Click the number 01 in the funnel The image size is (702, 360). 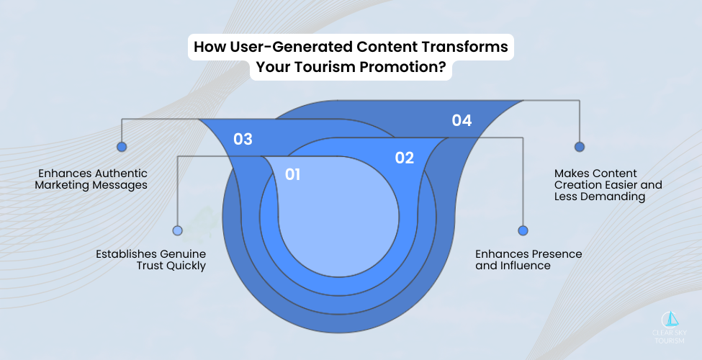pos(292,174)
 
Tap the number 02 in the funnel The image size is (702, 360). pos(405,158)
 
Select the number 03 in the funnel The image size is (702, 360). pos(243,139)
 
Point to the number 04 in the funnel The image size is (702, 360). pos(462,120)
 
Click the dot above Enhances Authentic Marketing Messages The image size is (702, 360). pos(122,146)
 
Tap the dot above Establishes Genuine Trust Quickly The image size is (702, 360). pos(177,230)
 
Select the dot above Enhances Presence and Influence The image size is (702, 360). pos(523,230)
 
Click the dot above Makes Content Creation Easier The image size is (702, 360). pos(579,146)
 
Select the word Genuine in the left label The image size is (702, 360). pos(180,254)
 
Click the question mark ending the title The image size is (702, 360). pos(441,70)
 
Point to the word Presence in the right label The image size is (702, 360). pos(557,254)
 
